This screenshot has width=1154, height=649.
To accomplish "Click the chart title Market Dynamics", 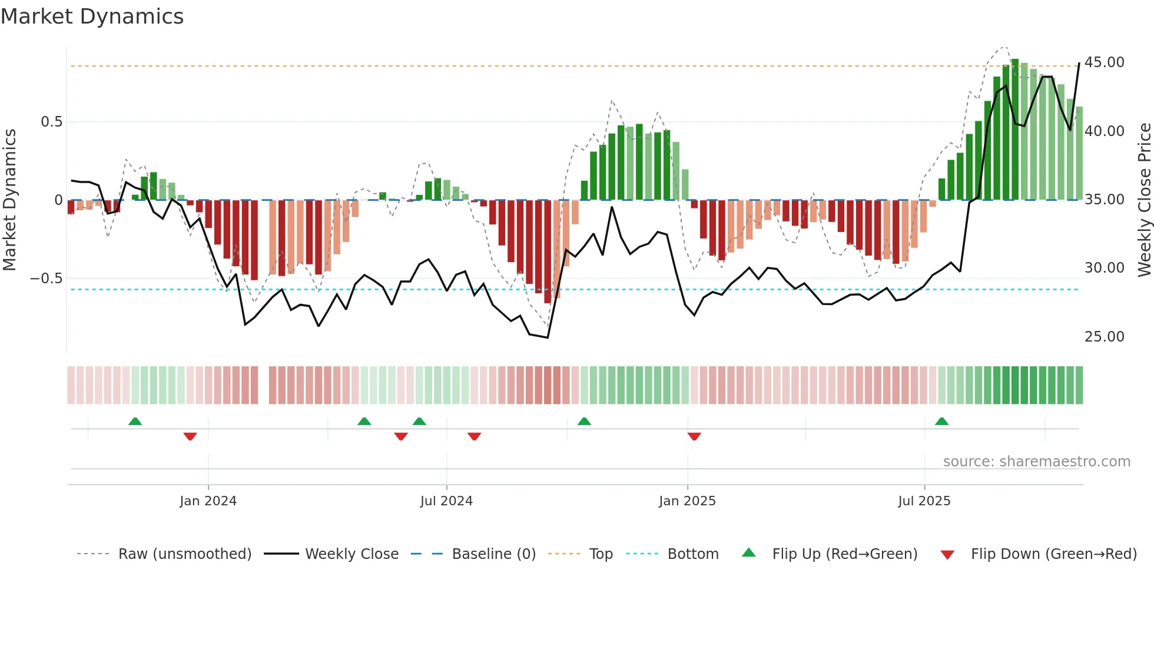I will tap(92, 16).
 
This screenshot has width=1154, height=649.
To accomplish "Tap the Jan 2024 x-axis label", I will tap(208, 501).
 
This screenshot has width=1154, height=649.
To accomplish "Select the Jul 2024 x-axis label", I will tap(446, 501).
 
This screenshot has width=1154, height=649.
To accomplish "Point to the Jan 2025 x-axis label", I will tap(687, 501).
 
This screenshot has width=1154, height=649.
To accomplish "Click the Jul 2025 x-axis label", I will tap(924, 501).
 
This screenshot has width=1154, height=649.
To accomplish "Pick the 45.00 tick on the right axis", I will tap(1104, 62).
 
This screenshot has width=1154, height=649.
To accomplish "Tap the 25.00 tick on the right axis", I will tap(1104, 337).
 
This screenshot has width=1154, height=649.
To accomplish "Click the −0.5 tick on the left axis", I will tap(46, 278).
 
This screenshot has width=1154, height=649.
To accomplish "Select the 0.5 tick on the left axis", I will tap(51, 122).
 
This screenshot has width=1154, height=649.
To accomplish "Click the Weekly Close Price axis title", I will tap(1144, 200).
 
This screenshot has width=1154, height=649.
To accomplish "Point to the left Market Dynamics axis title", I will tap(9, 200).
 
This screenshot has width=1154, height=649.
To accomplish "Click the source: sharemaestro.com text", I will tap(1036, 462).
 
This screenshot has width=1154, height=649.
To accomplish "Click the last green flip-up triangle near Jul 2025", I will tap(941, 421).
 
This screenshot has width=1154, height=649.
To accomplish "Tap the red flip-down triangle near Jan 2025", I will tap(694, 436).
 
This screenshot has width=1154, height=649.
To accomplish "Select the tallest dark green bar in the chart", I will tap(1015, 130).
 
